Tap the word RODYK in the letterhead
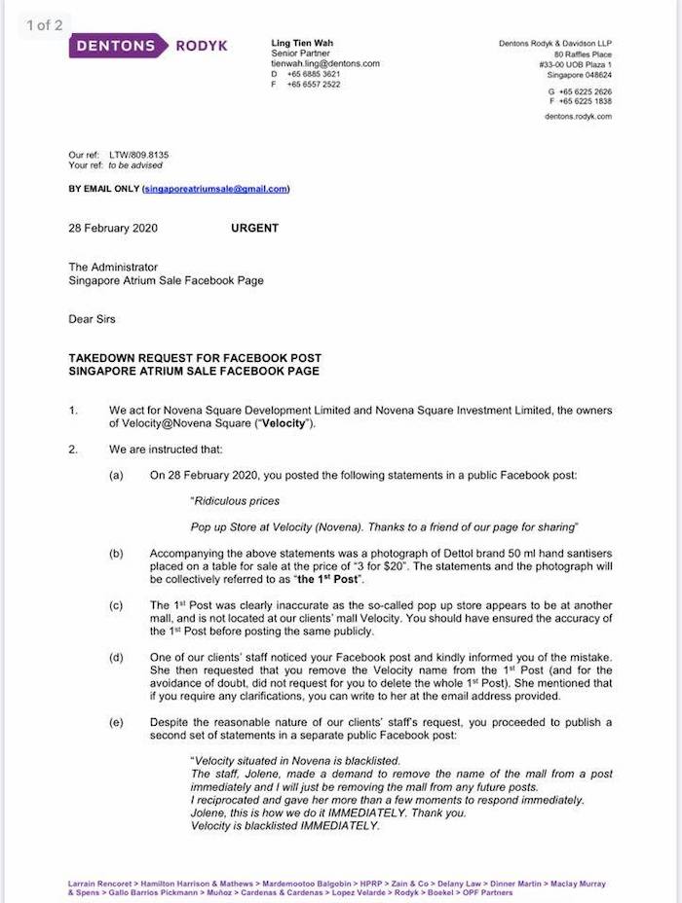[202, 45]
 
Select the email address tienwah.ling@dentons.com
[325, 63]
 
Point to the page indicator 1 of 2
[44, 25]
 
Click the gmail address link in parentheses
[215, 189]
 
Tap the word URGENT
[254, 228]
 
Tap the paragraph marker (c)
[117, 605]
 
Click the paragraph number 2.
[73, 450]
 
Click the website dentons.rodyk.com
[579, 116]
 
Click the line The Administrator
[113, 267]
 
